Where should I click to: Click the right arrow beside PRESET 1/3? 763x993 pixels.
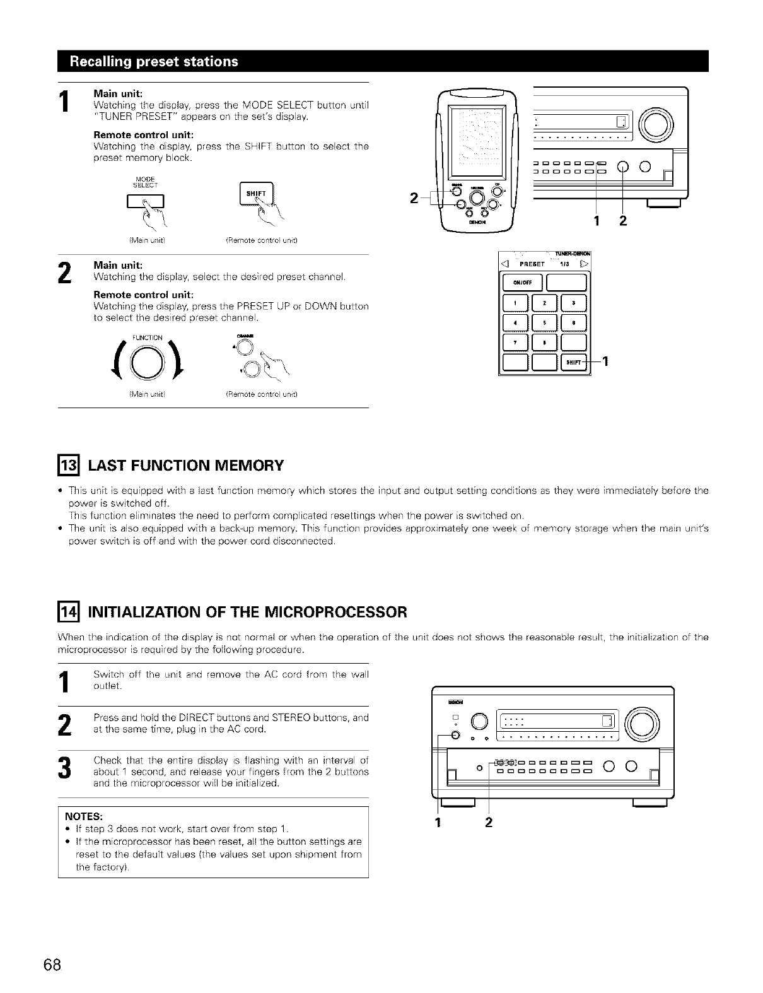tap(585, 264)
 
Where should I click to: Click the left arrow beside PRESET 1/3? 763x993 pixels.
tap(504, 264)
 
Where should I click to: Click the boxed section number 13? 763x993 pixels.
tap(67, 466)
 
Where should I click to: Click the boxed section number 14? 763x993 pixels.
tap(67, 612)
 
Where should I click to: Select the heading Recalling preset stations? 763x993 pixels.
tap(154, 61)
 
